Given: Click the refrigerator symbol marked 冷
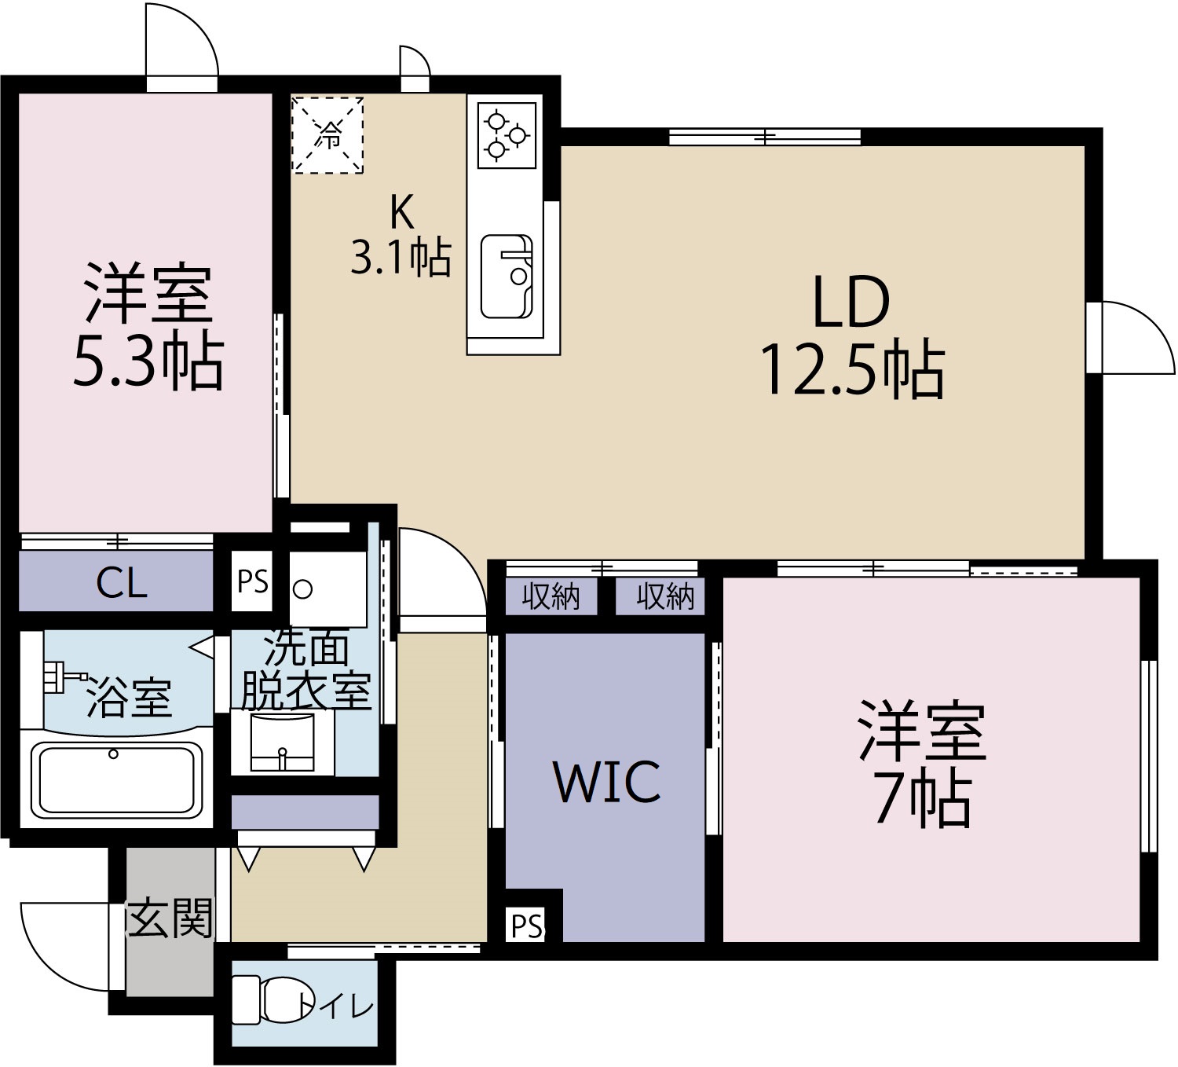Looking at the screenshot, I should [327, 135].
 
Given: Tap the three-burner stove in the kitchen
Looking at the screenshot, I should [505, 136].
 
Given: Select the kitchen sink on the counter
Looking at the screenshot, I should [506, 276].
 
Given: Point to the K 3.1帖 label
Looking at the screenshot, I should [401, 234].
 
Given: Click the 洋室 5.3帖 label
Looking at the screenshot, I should [148, 329].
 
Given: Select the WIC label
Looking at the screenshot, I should [606, 782].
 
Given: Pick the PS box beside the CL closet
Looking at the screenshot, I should [252, 582].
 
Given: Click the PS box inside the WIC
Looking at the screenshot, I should [527, 926].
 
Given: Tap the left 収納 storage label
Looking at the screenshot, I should [551, 597].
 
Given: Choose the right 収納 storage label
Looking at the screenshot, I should [664, 597].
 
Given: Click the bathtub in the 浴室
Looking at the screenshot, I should [115, 779].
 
